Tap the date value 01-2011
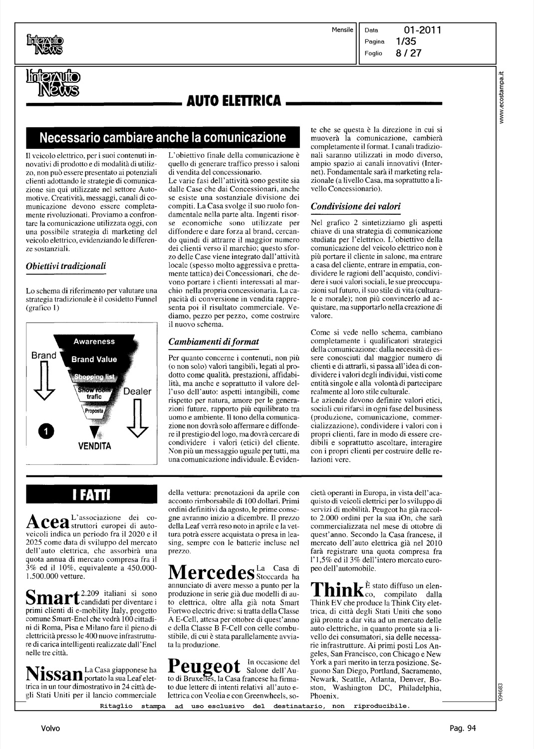[423, 30]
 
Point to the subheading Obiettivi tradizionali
[66, 266]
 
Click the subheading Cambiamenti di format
[214, 342]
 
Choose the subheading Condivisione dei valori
[355, 206]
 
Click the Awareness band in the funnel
[94, 342]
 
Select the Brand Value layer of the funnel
[94, 359]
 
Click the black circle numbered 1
[46, 431]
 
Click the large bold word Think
[338, 590]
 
